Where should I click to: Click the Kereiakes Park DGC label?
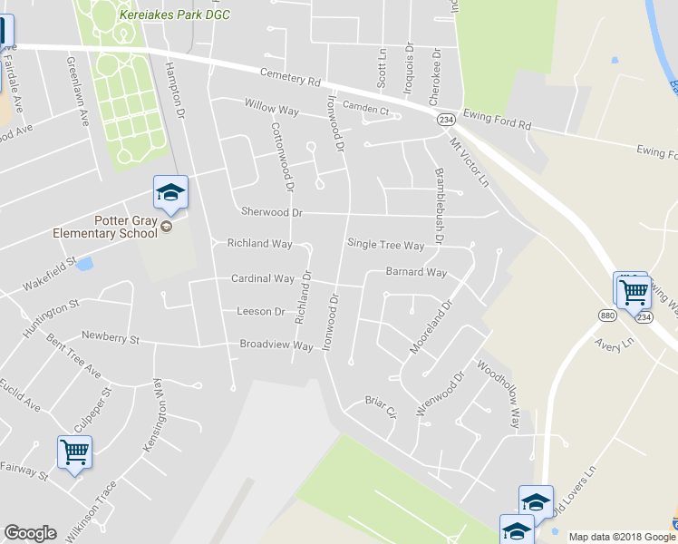174,15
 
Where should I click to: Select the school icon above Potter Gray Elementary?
169,193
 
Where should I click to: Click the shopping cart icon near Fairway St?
74,452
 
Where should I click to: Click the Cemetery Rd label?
290,77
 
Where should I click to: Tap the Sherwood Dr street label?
271,212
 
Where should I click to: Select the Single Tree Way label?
386,246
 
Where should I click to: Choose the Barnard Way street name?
416,272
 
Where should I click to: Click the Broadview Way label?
276,345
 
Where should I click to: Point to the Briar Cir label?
382,401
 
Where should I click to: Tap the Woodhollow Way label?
499,396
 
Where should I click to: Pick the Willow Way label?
272,107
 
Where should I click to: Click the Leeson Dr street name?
260,311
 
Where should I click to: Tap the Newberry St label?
111,338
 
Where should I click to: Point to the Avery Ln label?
612,345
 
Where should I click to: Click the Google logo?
31,533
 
